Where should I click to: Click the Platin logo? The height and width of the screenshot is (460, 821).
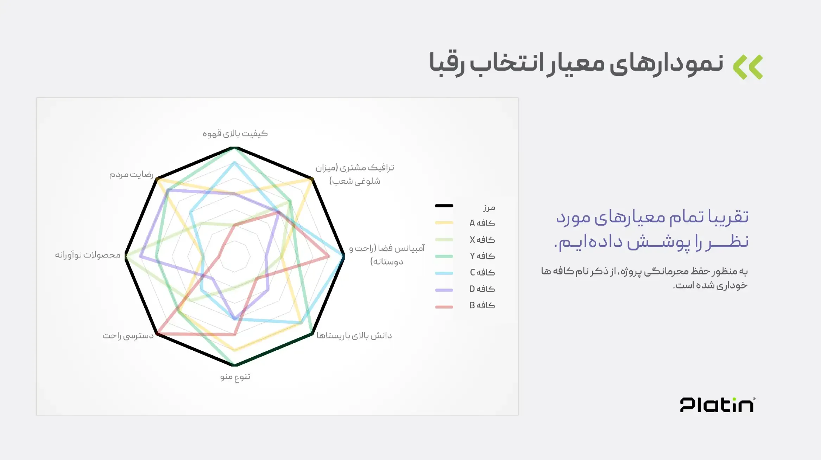click(x=717, y=405)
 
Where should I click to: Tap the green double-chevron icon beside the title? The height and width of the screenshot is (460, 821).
click(x=748, y=67)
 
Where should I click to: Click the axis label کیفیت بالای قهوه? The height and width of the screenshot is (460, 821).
click(x=235, y=134)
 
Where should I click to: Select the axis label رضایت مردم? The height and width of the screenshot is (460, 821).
click(x=131, y=174)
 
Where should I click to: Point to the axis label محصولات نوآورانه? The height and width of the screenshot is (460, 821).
click(x=88, y=255)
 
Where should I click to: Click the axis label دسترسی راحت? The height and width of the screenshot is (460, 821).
click(x=128, y=336)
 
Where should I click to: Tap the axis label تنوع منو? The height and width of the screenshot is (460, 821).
click(x=235, y=377)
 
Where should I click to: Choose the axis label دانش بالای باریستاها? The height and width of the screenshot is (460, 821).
click(x=354, y=336)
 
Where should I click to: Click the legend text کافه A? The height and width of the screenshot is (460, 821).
click(x=482, y=223)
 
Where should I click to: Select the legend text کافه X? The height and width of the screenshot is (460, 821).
click(x=482, y=240)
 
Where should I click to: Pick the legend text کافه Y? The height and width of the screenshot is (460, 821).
click(x=482, y=256)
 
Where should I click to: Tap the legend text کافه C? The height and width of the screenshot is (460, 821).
click(x=482, y=272)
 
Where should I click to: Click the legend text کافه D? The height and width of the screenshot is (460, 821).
click(x=482, y=289)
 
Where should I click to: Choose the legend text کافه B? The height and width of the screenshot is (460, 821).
click(x=482, y=305)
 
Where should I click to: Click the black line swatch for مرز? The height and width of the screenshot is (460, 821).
click(x=444, y=206)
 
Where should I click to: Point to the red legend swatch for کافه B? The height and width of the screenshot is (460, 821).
click(x=444, y=307)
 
